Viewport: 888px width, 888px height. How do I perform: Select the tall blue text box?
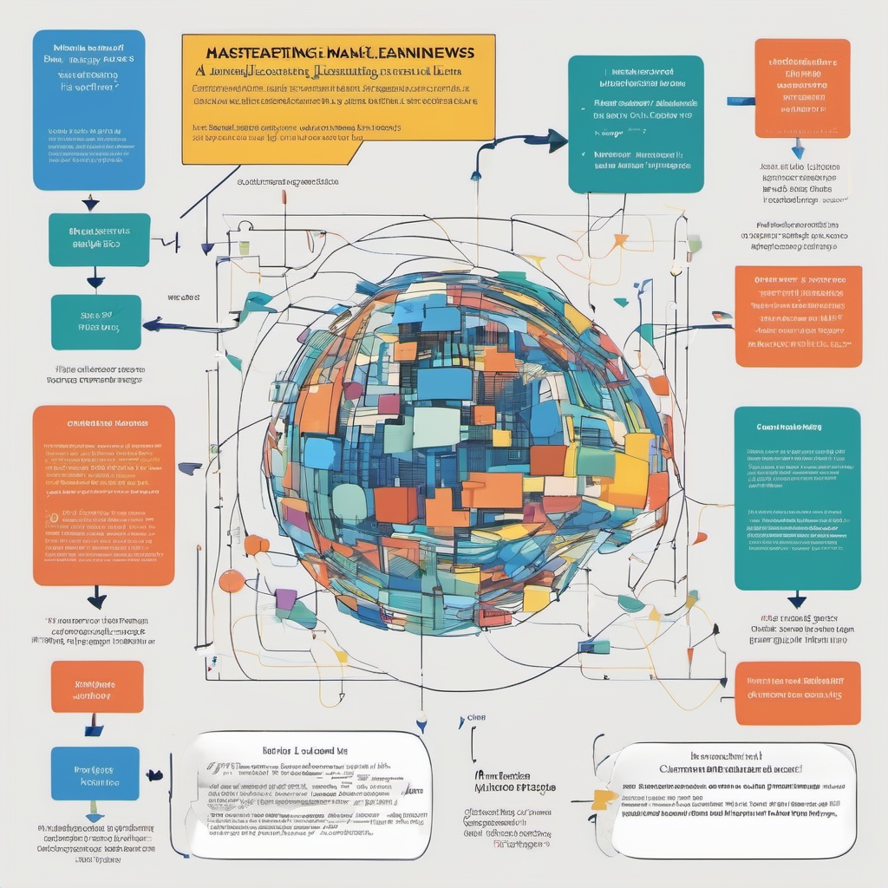(88, 110)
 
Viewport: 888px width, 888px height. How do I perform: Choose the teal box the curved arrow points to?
(636, 124)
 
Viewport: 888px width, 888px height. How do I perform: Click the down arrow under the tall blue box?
(89, 203)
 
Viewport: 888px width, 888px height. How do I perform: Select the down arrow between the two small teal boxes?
(95, 280)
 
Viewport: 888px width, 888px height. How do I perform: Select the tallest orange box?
(103, 494)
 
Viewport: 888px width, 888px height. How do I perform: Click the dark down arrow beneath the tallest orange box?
(97, 599)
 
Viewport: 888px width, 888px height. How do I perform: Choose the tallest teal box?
(797, 498)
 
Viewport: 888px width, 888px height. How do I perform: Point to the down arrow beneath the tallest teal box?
(796, 600)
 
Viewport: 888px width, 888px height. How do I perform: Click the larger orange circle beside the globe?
(232, 580)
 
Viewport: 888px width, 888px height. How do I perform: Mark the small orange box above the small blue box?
(97, 687)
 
